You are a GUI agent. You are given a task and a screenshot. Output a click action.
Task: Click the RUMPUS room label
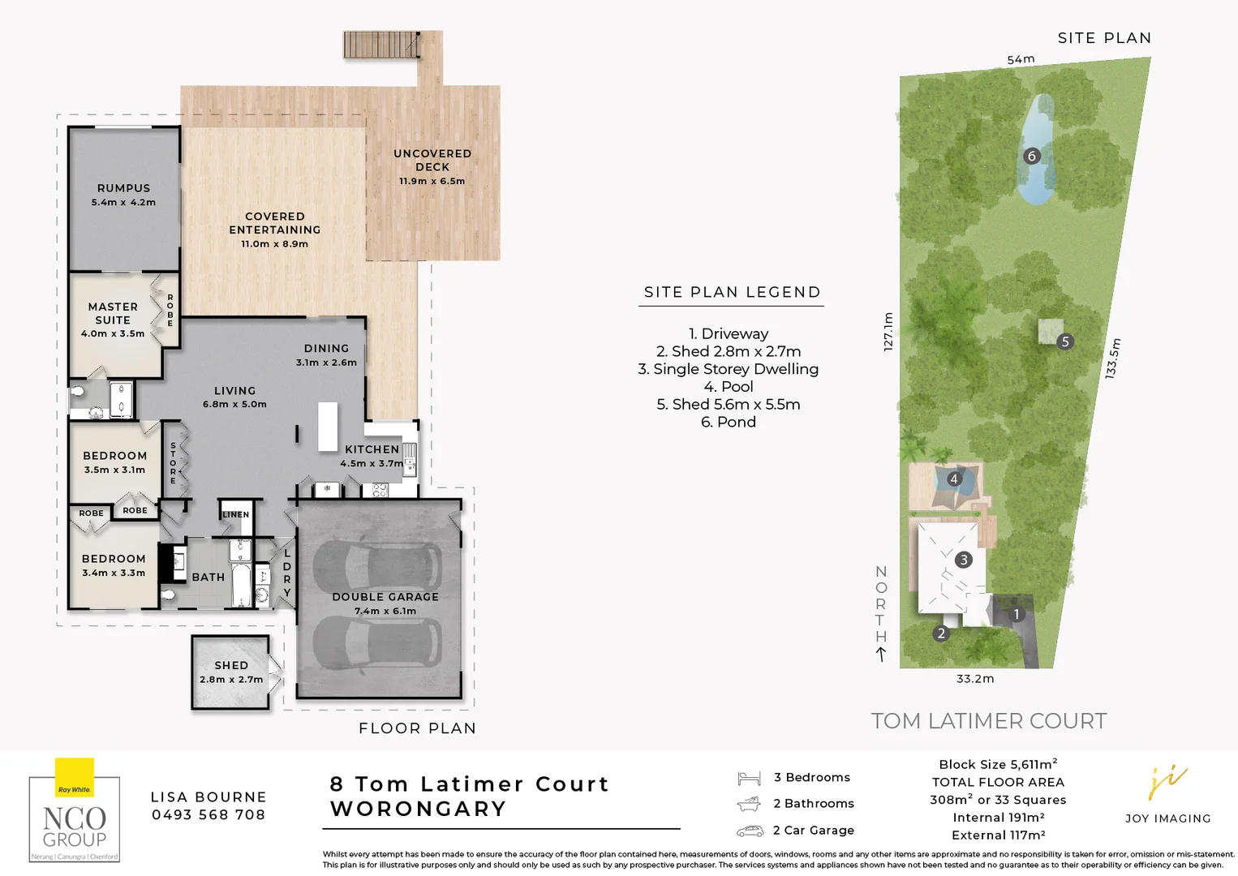click(123, 188)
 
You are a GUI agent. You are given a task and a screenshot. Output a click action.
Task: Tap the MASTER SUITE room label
click(113, 313)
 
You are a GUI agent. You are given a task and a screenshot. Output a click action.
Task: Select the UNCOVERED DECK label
click(432, 160)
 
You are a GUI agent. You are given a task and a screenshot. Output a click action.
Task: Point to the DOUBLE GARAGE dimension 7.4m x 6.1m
click(385, 611)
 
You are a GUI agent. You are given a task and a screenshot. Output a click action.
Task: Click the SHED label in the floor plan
click(231, 665)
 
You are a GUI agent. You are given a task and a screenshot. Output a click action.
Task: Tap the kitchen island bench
click(328, 426)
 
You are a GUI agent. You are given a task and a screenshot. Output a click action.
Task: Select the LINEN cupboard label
click(236, 514)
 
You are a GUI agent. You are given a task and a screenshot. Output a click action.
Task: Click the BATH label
click(208, 577)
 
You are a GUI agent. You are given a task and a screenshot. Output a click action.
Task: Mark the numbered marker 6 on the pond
click(1032, 156)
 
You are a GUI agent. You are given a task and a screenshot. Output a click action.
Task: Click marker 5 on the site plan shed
click(1065, 341)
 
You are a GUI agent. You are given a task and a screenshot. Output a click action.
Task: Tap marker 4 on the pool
click(954, 479)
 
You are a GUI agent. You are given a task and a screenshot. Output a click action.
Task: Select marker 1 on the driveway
click(1016, 614)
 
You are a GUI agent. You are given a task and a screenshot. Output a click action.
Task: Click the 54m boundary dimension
click(1021, 59)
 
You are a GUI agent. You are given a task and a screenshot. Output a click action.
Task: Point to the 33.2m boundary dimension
click(974, 678)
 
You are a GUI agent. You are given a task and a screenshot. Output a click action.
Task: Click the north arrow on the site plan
click(881, 654)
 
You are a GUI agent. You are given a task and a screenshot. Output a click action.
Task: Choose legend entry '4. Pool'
click(729, 387)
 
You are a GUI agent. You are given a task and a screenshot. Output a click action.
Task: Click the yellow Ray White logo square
click(75, 777)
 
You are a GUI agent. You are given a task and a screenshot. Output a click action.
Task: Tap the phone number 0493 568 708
click(208, 814)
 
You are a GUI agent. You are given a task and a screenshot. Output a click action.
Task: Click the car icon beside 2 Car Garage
click(750, 831)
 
